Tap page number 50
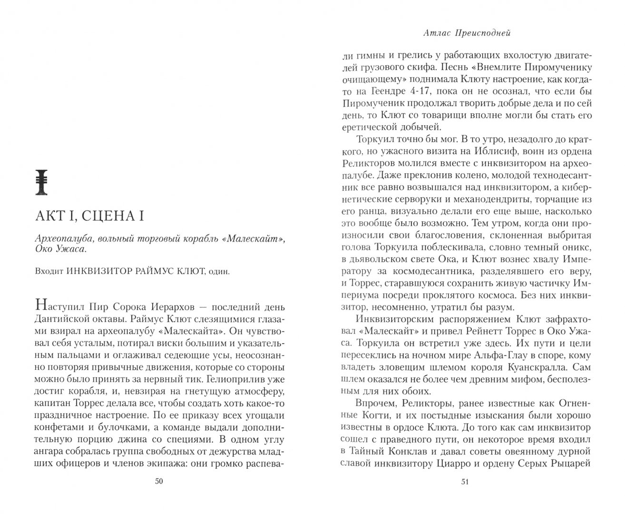[x=159, y=482]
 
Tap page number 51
[x=465, y=482]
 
